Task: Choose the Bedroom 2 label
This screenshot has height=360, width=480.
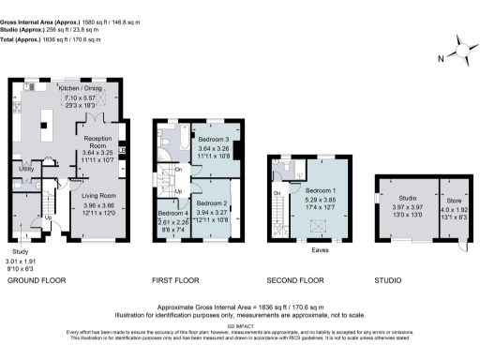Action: (213, 202)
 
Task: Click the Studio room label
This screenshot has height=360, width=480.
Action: (407, 198)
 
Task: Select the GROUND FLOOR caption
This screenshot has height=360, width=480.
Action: (42, 279)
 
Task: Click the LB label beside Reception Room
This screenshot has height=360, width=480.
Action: (122, 149)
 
